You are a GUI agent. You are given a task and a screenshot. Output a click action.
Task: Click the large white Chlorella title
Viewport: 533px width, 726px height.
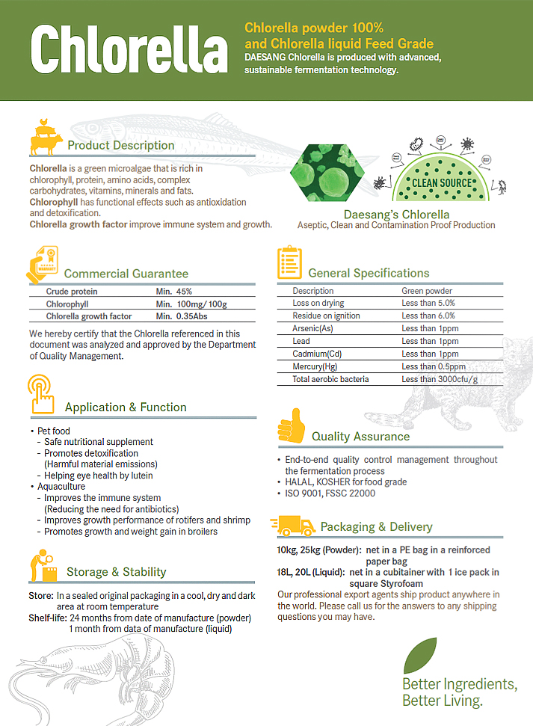pyautogui.click(x=129, y=51)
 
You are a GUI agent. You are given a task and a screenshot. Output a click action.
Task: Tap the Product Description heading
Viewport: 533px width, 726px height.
pyautogui.click(x=120, y=145)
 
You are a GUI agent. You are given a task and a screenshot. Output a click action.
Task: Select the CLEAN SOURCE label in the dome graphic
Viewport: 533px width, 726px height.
pyautogui.click(x=443, y=182)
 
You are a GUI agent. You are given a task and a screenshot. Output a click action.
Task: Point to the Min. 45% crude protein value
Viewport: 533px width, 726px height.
pyautogui.click(x=173, y=292)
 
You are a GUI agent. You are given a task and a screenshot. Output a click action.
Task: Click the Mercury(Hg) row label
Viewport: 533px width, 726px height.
pyautogui.click(x=314, y=366)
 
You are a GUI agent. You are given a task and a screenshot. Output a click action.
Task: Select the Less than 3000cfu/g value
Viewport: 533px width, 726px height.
pyautogui.click(x=440, y=379)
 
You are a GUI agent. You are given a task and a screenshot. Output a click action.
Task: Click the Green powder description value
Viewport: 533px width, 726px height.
pyautogui.click(x=427, y=291)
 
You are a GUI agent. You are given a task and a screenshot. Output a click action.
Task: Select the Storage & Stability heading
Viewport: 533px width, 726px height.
pyautogui.click(x=116, y=572)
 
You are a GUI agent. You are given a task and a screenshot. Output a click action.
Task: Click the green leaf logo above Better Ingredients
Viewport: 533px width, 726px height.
pyautogui.click(x=420, y=655)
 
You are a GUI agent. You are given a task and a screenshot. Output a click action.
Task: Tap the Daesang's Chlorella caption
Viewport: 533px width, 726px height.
pyautogui.click(x=396, y=215)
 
